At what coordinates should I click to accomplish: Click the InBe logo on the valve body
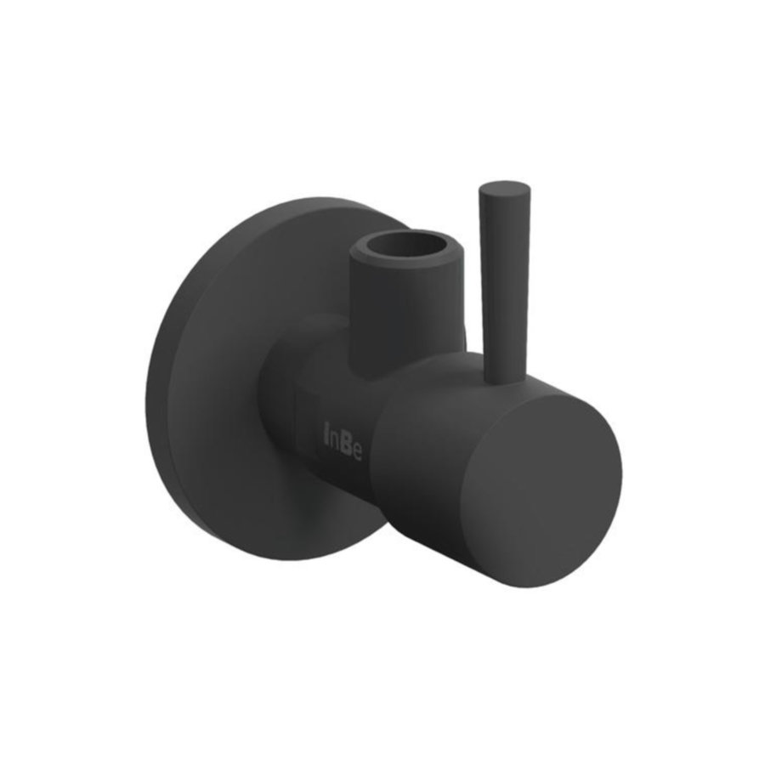(x=343, y=442)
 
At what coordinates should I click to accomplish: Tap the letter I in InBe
(x=326, y=436)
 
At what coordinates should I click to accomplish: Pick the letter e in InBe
(x=356, y=450)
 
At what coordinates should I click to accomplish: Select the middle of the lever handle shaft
(x=505, y=280)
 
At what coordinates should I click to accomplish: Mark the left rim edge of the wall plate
(x=150, y=382)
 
